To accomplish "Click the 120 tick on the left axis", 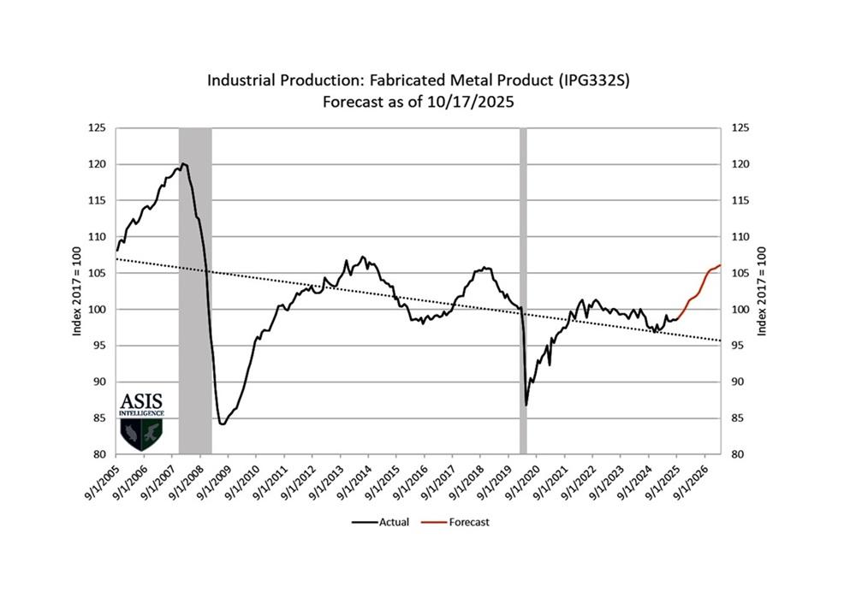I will coord(98,164).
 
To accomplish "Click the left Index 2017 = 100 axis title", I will coord(76,291).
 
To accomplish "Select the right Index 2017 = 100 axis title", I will coord(761,291).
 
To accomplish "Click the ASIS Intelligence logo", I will coord(141,423).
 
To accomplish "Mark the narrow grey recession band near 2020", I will coord(523,291).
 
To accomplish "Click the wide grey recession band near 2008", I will coord(194,291).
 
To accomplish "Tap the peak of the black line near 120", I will coord(183,163).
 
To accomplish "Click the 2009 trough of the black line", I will coord(222,423).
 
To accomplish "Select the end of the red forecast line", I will coord(720,264).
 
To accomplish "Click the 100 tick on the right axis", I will coord(741,310).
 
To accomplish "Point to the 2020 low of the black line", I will coord(526,405).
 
